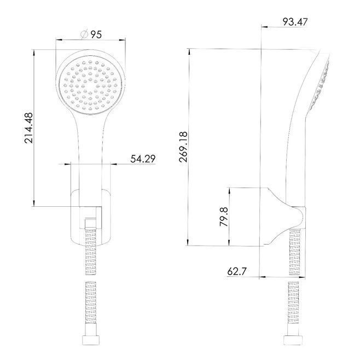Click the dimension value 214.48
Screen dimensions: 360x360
tap(28, 128)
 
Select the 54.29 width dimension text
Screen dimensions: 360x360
tap(143, 159)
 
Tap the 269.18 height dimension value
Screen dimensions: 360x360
tap(183, 147)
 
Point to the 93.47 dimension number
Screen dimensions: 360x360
tap(295, 22)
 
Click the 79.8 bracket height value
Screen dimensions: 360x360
tap(224, 217)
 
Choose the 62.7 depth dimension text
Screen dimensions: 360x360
tap(237, 271)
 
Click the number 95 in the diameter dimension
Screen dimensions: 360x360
tap(96, 34)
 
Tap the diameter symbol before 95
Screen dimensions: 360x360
tap(84, 34)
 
